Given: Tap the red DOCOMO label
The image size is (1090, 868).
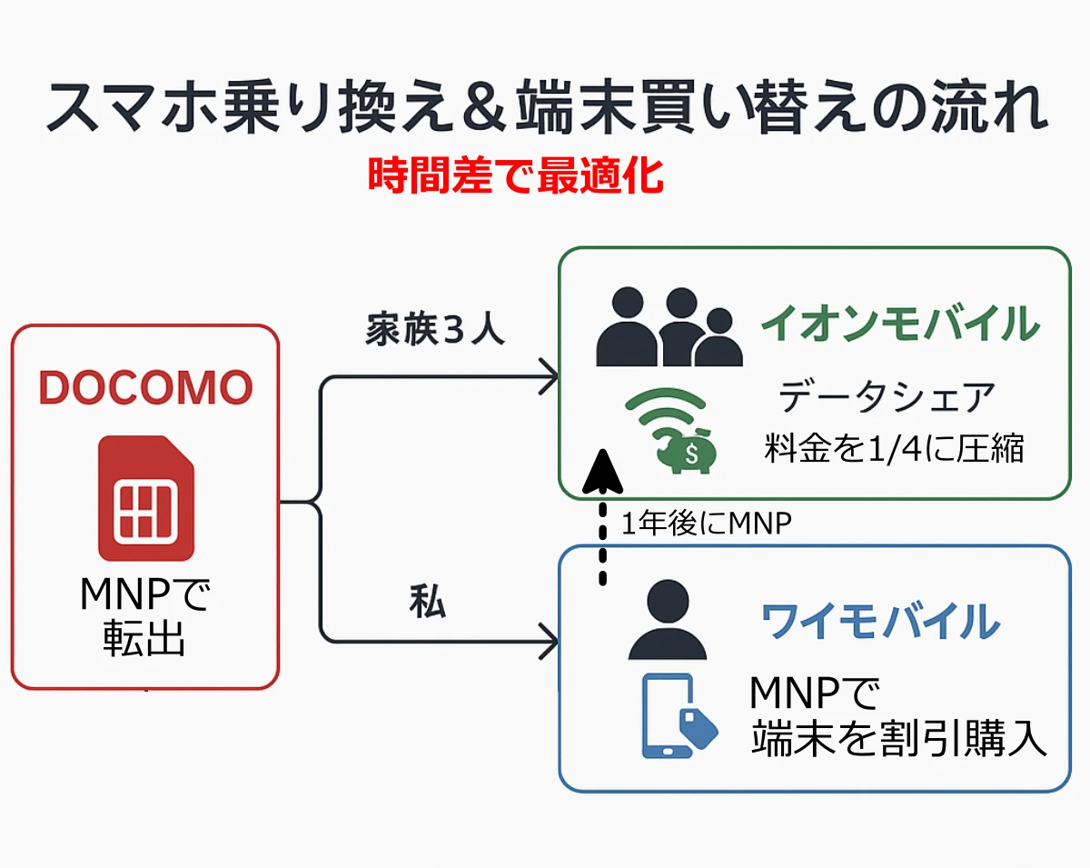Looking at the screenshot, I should coord(145,388).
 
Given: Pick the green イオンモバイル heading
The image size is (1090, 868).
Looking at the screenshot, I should coord(899,324).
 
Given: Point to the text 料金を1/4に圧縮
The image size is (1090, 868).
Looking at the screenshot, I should coord(894,448).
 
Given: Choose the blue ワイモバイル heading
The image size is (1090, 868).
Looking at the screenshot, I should coord(879,623).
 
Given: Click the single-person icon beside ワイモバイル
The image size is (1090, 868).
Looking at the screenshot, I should coord(668,621).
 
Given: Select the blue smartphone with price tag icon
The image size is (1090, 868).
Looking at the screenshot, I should coord(677,716).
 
